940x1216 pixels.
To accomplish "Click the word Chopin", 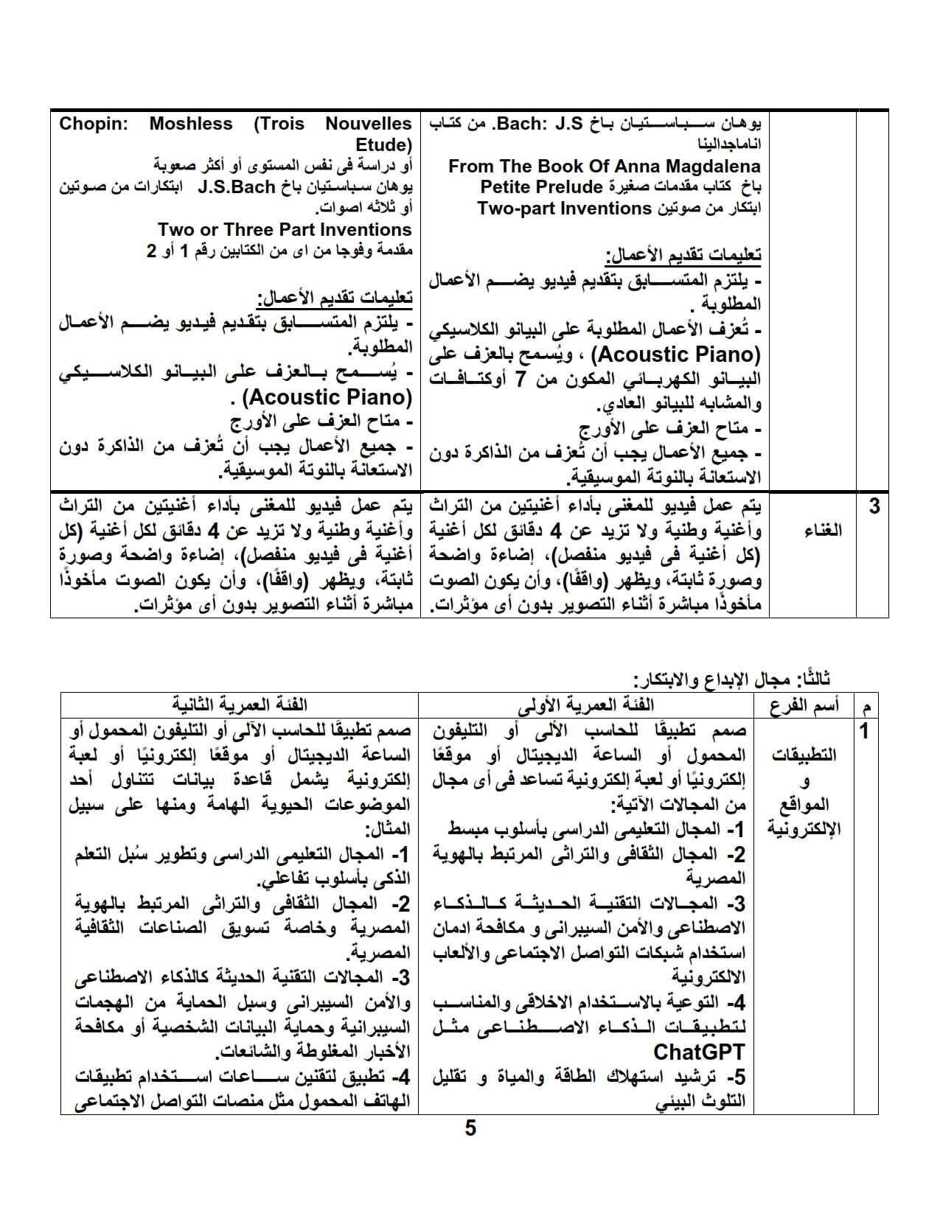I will tap(94, 124).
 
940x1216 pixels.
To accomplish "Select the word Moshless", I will tap(191, 124).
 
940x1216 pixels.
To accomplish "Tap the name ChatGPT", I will tap(699, 1051).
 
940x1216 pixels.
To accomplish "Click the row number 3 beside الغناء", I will tap(874, 507).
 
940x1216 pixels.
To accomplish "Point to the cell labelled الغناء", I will tap(812, 531).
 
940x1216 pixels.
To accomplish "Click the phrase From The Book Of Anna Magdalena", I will tap(604, 166).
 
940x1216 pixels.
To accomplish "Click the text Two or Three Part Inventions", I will tap(285, 230).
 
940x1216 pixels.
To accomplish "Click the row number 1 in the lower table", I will tap(865, 731).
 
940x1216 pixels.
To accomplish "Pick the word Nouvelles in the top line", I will tap(369, 124).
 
